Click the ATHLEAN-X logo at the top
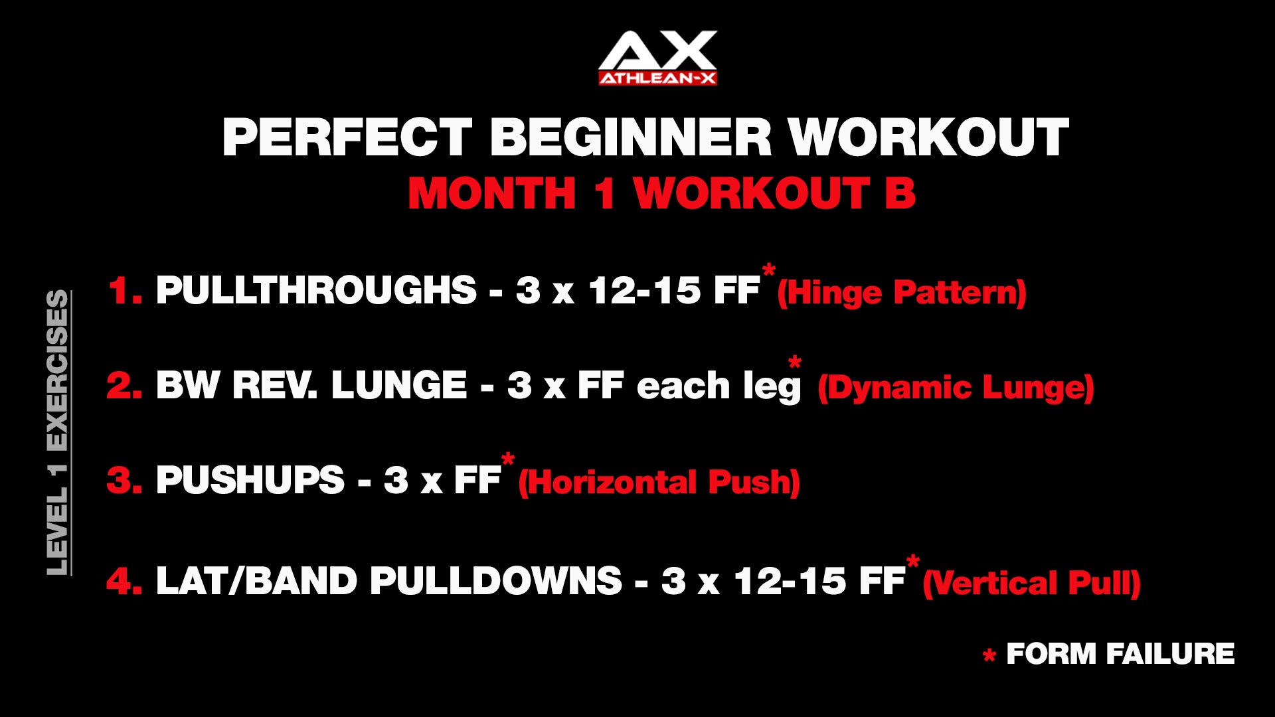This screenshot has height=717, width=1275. pyautogui.click(x=657, y=58)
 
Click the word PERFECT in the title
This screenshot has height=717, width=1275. pyautogui.click(x=347, y=137)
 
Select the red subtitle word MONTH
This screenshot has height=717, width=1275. pyautogui.click(x=492, y=194)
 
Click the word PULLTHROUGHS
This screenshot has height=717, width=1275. pyautogui.click(x=316, y=290)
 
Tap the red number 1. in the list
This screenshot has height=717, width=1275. pyautogui.click(x=126, y=291)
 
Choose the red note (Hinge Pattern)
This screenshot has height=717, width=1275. pyautogui.click(x=902, y=293)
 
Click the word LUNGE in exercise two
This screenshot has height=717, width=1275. pyautogui.click(x=399, y=385)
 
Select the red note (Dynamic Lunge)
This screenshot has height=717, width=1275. pyautogui.click(x=956, y=388)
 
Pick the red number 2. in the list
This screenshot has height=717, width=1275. pyautogui.click(x=125, y=385)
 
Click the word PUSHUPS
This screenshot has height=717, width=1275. pyautogui.click(x=250, y=480)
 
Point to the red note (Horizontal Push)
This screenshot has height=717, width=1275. pyautogui.click(x=659, y=482)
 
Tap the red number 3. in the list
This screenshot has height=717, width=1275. pyautogui.click(x=125, y=480)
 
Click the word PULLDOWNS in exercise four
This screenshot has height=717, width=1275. pyautogui.click(x=496, y=581)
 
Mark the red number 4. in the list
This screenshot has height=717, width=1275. pyautogui.click(x=125, y=581)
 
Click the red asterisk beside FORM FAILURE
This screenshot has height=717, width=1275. pyautogui.click(x=989, y=656)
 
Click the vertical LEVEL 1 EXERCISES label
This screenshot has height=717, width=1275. pyautogui.click(x=58, y=433)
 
